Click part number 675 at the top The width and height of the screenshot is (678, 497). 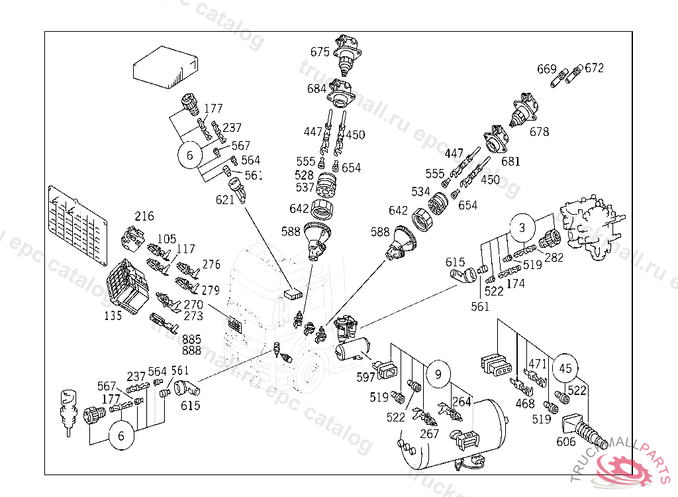click(x=320, y=51)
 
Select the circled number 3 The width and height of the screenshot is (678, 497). click(x=522, y=229)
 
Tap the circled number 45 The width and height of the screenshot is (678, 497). click(x=565, y=368)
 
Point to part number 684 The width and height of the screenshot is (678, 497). click(x=316, y=88)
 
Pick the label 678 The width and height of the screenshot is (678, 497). click(x=539, y=132)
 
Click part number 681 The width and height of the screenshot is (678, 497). click(x=510, y=161)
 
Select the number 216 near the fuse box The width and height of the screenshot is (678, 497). click(x=144, y=216)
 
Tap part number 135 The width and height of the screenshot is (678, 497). click(x=113, y=316)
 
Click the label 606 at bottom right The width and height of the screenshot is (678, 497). click(x=565, y=442)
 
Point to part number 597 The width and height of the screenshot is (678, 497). click(x=365, y=377)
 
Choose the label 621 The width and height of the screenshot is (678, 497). click(x=225, y=199)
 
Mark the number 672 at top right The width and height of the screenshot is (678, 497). click(x=595, y=68)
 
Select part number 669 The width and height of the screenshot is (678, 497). click(x=546, y=68)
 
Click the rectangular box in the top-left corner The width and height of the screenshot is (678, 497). click(x=166, y=68)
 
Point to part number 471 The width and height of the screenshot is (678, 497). click(x=538, y=364)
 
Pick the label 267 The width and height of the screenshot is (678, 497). click(x=430, y=433)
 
